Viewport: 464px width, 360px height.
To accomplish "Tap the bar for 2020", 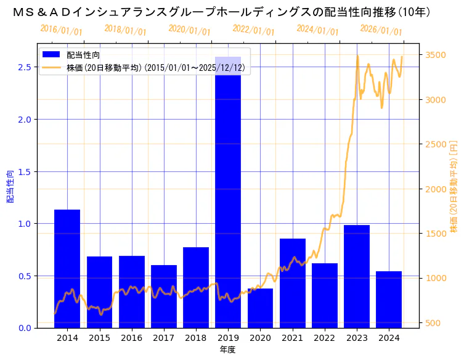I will coord(260,308).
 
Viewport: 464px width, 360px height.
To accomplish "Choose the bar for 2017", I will coord(164,296).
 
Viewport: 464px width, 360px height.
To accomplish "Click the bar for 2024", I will coord(389,299).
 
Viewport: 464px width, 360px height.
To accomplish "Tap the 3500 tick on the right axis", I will coord(436,55).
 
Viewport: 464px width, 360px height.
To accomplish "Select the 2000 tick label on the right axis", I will coord(436,189).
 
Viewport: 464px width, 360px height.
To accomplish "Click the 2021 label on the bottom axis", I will coord(292,338).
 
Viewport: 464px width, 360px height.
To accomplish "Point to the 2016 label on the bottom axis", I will coord(132,338).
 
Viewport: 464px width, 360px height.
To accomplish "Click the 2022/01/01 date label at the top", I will coord(253,30).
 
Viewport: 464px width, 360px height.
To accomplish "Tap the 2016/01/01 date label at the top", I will coord(61,30).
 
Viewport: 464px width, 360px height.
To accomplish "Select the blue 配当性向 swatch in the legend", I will coord(52,55).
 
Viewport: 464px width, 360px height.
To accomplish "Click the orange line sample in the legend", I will coord(52,67).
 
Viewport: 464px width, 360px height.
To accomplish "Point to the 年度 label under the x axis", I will coord(227,350).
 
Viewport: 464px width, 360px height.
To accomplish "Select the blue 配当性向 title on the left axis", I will coord(10,186).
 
